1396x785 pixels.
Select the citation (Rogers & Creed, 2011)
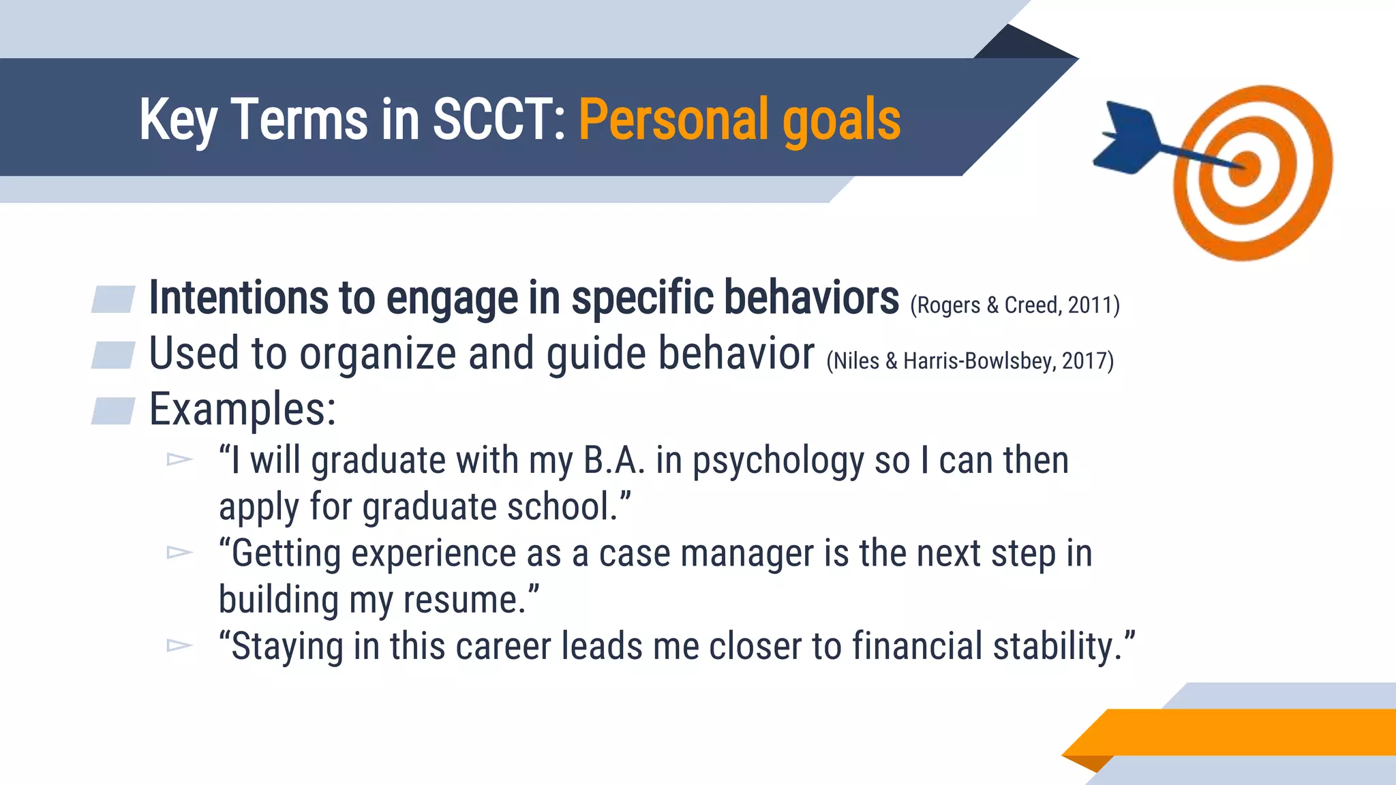1014,305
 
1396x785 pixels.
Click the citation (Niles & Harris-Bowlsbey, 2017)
970,361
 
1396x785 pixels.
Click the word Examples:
243,410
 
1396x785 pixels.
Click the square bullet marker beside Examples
113,411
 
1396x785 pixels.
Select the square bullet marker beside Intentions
113,299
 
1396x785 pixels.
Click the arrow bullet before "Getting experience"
179,552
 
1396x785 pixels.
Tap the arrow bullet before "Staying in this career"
179,645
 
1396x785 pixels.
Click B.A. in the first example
613,461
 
